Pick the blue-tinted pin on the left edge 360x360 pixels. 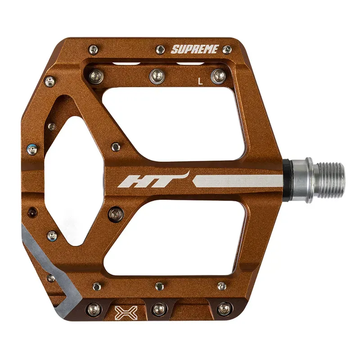(x=31, y=148)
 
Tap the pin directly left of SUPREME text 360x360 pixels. (x=160, y=49)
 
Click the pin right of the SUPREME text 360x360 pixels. (x=227, y=49)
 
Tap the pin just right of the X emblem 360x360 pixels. (x=159, y=309)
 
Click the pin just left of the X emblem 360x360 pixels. (x=94, y=309)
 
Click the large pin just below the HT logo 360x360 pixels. (x=116, y=211)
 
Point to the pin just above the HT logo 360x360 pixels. (x=116, y=146)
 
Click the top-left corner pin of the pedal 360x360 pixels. (x=93, y=49)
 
